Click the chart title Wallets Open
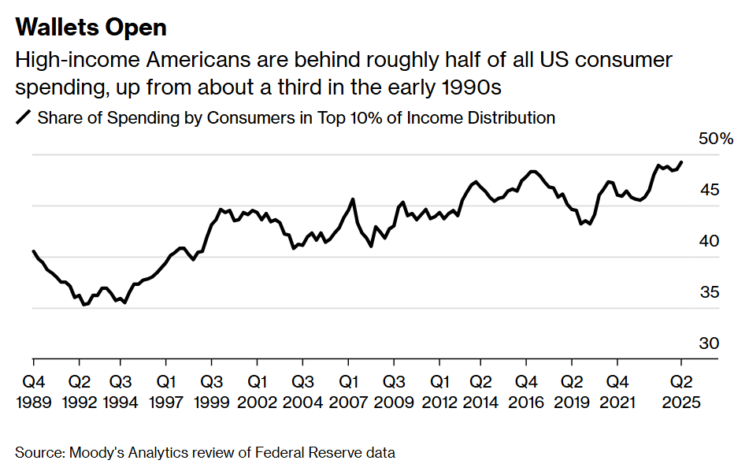click(x=91, y=28)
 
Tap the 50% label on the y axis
click(x=716, y=139)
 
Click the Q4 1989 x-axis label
click(x=33, y=392)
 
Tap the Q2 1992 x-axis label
click(x=79, y=392)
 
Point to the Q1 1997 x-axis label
click(x=165, y=392)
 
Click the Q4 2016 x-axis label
click(x=528, y=392)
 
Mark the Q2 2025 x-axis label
click(x=682, y=392)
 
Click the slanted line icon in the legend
click(x=24, y=118)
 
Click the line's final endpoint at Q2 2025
click(x=682, y=162)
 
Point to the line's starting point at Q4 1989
click(x=33, y=251)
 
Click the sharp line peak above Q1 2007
click(x=352, y=199)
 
